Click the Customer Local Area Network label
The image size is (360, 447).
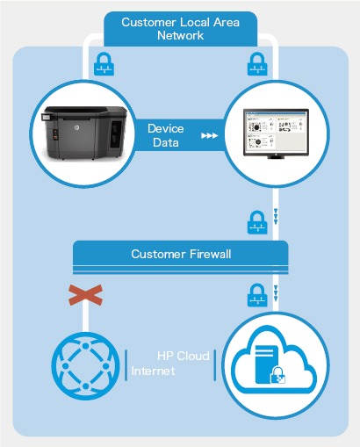[x=180, y=29]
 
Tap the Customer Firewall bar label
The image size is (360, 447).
[x=181, y=254]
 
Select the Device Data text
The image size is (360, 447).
[x=166, y=135]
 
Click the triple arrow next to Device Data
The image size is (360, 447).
[x=210, y=135]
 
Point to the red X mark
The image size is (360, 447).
[x=85, y=295]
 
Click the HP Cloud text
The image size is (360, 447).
[x=184, y=356]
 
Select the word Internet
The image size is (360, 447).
[x=153, y=371]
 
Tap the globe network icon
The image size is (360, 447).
[x=85, y=366]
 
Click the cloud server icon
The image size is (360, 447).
[x=274, y=360]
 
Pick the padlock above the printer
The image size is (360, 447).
[x=104, y=64]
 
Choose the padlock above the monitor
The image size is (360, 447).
[x=257, y=64]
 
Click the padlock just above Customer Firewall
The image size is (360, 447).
[x=257, y=222]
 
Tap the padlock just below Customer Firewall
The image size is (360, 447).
[x=257, y=295]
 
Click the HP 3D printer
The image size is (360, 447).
[x=85, y=133]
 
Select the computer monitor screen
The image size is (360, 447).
[x=276, y=132]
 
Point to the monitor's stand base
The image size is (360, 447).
[x=276, y=157]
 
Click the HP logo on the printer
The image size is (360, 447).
[x=76, y=127]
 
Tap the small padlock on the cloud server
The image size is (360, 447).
[x=277, y=375]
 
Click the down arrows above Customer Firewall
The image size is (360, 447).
[x=276, y=217]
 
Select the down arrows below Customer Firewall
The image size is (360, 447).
[x=276, y=293]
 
